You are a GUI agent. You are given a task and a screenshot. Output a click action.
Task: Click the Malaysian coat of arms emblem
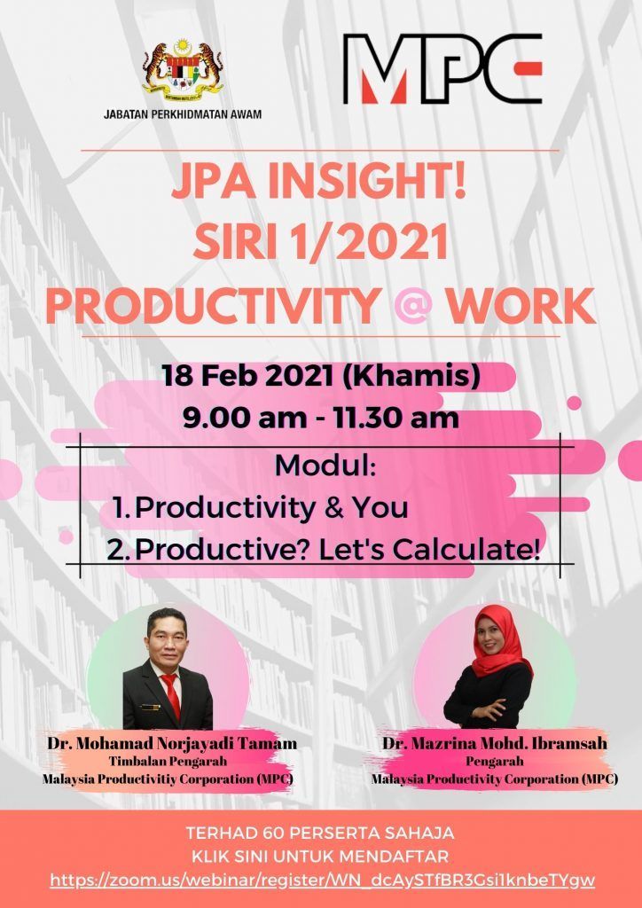tap(183, 68)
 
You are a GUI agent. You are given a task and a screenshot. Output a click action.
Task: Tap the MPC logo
tap(442, 68)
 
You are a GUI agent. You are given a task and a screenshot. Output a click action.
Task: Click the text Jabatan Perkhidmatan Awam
tap(183, 114)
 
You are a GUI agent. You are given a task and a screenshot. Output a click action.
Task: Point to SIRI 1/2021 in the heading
tap(321, 243)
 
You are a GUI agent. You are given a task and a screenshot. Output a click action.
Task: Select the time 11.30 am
tap(396, 419)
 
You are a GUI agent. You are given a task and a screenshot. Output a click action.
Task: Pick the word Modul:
tap(325, 466)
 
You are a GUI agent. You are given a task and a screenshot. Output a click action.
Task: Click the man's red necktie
tap(172, 695)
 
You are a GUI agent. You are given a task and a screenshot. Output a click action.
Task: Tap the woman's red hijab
tap(499, 643)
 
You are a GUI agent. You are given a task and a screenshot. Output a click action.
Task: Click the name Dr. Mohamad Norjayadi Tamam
tap(172, 744)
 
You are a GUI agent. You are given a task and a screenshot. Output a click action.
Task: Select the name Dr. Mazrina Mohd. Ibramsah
tap(495, 743)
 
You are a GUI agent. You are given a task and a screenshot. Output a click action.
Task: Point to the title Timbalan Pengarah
tap(168, 762)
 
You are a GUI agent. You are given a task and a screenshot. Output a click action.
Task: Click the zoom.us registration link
tap(323, 881)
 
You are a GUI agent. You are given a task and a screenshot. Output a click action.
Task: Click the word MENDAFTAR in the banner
tap(395, 857)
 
